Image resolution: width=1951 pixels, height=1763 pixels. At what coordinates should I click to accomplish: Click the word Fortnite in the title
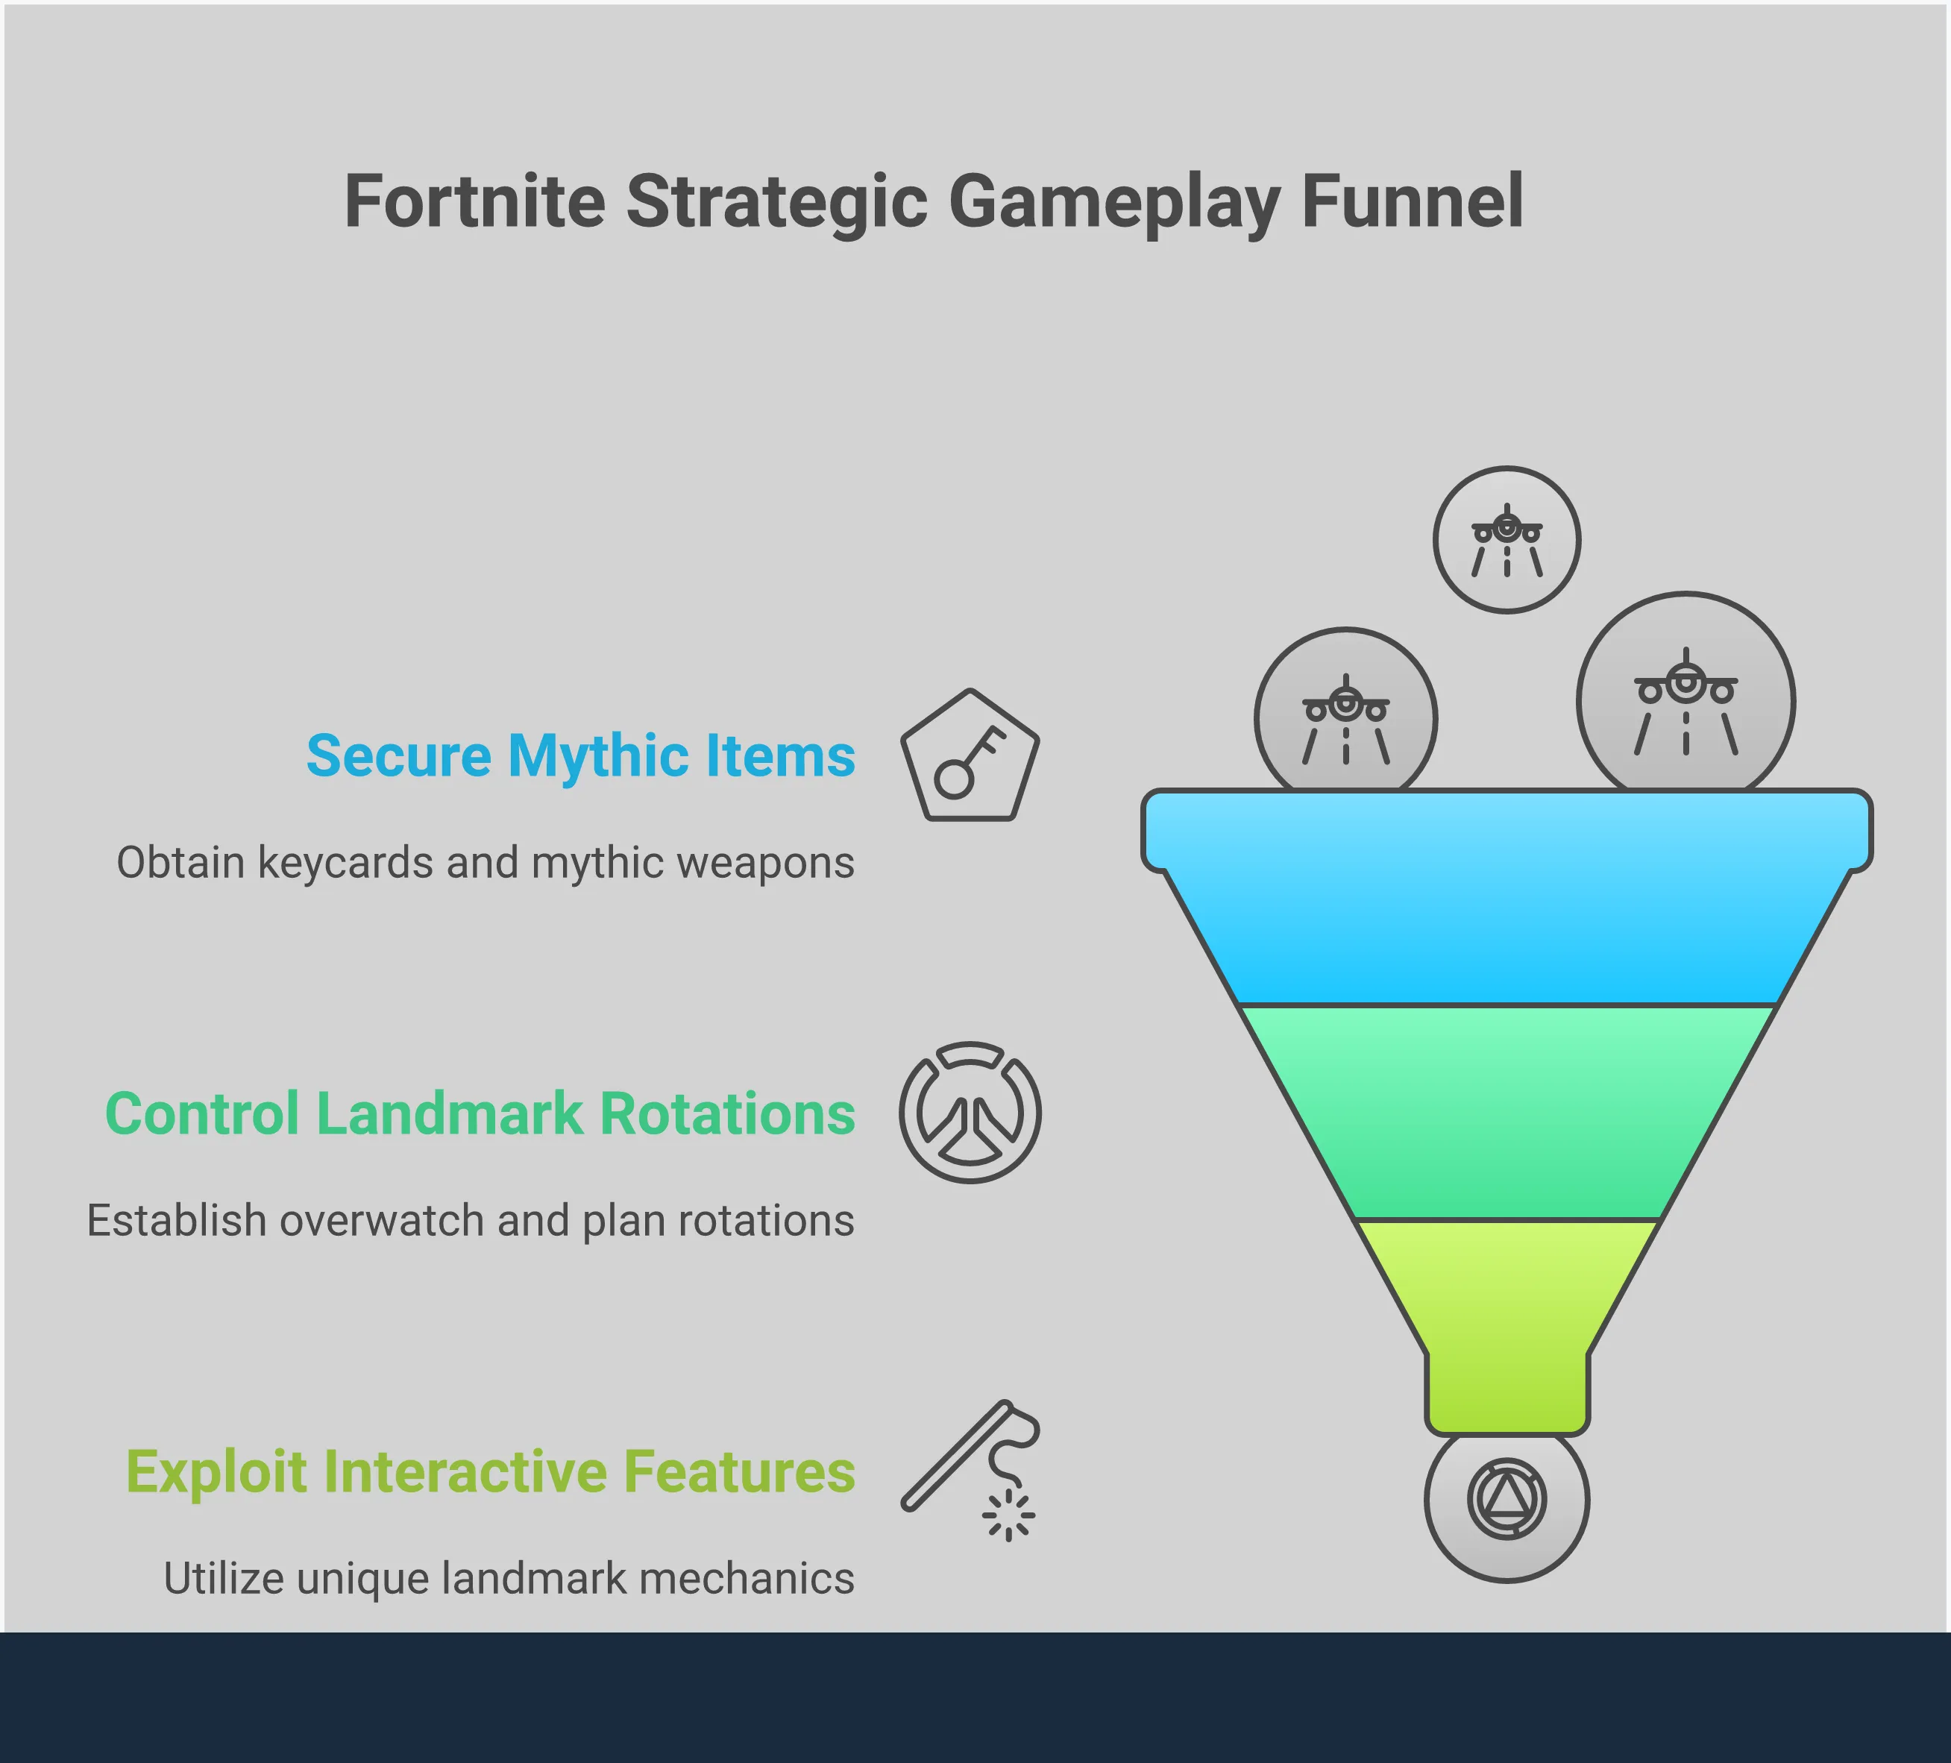[475, 201]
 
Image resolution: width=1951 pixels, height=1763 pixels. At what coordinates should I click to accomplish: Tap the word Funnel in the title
[1413, 201]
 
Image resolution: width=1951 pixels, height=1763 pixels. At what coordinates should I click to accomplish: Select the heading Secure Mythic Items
[581, 755]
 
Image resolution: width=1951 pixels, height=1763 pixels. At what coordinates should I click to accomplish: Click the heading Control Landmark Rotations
[480, 1113]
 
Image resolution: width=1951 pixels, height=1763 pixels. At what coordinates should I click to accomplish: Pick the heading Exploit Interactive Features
[491, 1471]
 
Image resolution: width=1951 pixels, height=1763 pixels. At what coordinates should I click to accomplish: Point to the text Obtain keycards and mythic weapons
[486, 863]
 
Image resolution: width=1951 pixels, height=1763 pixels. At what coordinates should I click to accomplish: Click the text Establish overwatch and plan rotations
[471, 1220]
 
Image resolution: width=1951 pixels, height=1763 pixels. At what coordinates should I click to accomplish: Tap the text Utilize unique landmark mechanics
[509, 1578]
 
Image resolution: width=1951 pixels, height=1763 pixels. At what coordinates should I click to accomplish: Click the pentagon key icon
[970, 755]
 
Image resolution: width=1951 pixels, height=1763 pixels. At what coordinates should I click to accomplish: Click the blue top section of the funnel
[1507, 897]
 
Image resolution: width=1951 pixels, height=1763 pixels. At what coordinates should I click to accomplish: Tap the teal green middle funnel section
[1507, 1113]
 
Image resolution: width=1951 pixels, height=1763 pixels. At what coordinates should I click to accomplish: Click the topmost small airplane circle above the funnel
[1507, 540]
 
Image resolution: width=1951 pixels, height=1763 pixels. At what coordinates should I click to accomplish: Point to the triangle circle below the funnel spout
[1507, 1502]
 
